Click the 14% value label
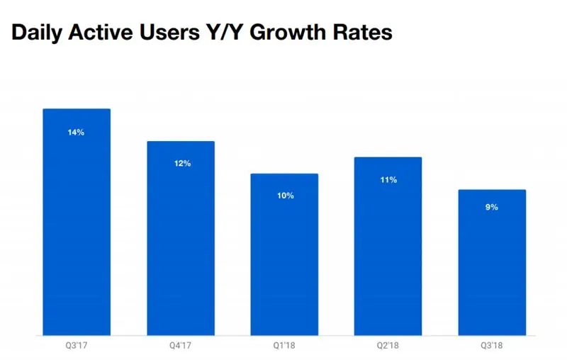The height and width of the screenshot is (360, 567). [x=77, y=132]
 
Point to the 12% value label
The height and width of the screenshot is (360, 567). [x=181, y=164]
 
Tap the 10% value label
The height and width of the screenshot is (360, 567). [x=285, y=196]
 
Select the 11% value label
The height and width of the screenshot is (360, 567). [x=388, y=180]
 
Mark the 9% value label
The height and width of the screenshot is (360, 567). [x=492, y=208]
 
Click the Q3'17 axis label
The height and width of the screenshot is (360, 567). [x=77, y=346]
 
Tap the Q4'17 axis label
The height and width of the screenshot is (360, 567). [x=181, y=346]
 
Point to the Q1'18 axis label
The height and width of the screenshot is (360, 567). [x=284, y=346]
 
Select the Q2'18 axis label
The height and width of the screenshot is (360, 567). [x=388, y=346]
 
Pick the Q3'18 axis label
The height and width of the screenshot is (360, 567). [x=492, y=346]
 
